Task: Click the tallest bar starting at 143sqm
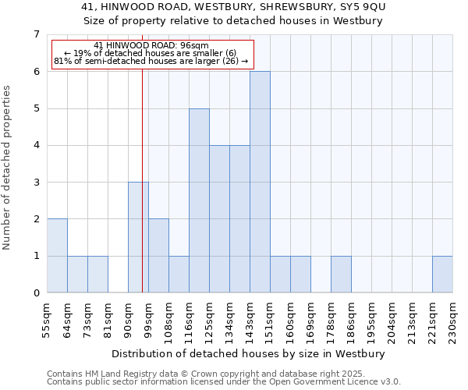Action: [260, 182]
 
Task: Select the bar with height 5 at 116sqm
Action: [199, 200]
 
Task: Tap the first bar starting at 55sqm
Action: [57, 256]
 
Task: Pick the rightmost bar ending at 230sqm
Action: [442, 275]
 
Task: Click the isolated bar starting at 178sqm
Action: [341, 275]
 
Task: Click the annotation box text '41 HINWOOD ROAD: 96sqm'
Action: [151, 46]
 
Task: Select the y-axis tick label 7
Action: [36, 34]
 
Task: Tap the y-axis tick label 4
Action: [36, 145]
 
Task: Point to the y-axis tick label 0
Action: [36, 293]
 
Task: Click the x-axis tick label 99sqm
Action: [148, 318]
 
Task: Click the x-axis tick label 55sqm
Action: [47, 318]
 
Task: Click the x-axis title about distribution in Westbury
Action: [250, 353]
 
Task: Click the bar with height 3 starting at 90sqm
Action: [138, 237]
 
